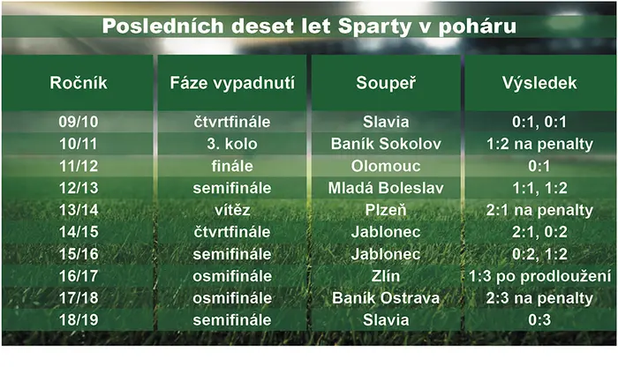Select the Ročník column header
coord(79,83)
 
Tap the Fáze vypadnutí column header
coord(232,83)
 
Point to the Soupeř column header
coord(386,83)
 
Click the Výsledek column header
coord(539,83)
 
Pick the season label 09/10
coord(79,122)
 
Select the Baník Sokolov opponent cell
coord(386,144)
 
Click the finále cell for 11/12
coord(232,166)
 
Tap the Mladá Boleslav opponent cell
coord(386,188)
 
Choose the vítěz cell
coord(232,210)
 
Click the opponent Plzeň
coord(386,210)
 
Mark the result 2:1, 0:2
coord(539,232)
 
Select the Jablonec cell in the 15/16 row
coord(386,254)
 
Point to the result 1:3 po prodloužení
coord(539,276)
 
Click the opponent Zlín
coord(386,276)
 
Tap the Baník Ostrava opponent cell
coord(386,298)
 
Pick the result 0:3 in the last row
coord(539,319)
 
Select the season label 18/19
coord(79,319)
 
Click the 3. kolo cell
coord(232,144)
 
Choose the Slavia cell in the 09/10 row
coord(386,122)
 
